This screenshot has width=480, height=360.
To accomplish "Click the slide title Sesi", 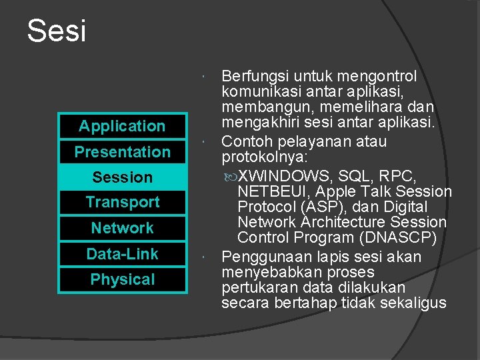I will click(57, 31).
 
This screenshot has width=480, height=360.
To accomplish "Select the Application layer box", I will click(122, 126).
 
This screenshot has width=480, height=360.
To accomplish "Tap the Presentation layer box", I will click(122, 152).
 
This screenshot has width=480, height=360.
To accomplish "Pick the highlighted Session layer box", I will click(122, 177).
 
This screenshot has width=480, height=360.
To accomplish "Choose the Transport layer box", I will click(122, 202).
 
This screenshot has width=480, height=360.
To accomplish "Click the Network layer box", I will click(122, 228).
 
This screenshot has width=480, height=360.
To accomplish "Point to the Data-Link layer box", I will click(122, 254).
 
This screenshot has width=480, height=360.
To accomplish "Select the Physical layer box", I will click(122, 280).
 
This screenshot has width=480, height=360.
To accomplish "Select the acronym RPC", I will click(401, 177).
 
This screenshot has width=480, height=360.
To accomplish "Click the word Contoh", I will click(245, 141).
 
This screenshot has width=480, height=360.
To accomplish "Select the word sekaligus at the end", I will click(413, 303).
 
